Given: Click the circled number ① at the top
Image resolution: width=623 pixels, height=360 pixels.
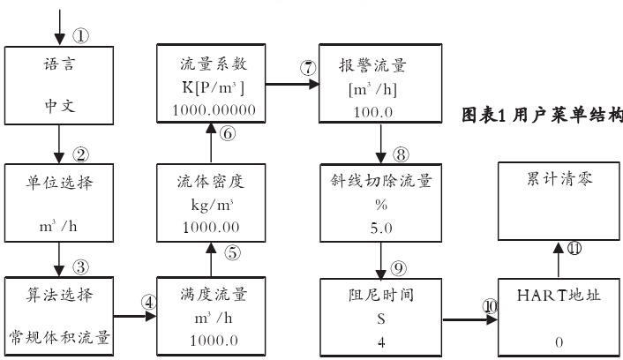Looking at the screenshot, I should click(80, 36).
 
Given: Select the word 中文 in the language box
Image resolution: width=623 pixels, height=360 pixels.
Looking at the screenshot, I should click(59, 109).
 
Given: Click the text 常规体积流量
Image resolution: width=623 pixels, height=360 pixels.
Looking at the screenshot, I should click(60, 337).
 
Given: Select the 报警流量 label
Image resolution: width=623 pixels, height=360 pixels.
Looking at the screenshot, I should click(380, 64).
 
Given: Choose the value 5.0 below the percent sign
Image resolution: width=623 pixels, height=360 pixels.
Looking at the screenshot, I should click(380, 225).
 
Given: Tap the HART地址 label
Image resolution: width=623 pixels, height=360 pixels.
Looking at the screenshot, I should click(558, 296).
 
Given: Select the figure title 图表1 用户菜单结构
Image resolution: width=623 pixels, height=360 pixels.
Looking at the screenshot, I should click(542, 115).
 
